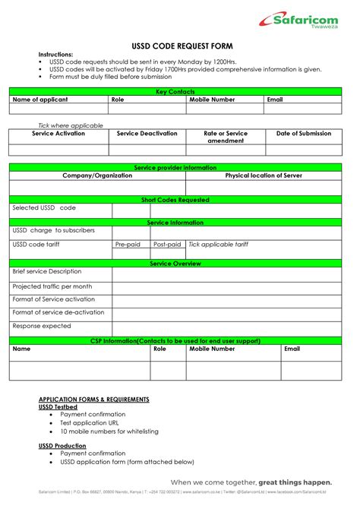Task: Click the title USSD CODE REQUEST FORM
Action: pos(180,45)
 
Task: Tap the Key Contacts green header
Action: pos(180,91)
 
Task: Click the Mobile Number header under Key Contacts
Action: pos(212,100)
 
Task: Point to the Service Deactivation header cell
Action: pos(147,134)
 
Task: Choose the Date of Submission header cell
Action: pos(304,134)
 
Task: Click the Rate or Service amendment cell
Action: pos(226,137)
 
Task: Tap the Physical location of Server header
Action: pos(265,175)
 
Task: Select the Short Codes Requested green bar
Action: pos(180,200)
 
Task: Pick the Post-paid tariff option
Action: pos(166,245)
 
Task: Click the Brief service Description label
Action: pos(47,271)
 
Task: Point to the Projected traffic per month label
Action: pos(52,286)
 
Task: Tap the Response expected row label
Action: pos(42,326)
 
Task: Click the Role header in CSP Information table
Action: pos(159,349)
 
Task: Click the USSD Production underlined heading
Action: pos(62,445)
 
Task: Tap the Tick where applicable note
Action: pos(71,125)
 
